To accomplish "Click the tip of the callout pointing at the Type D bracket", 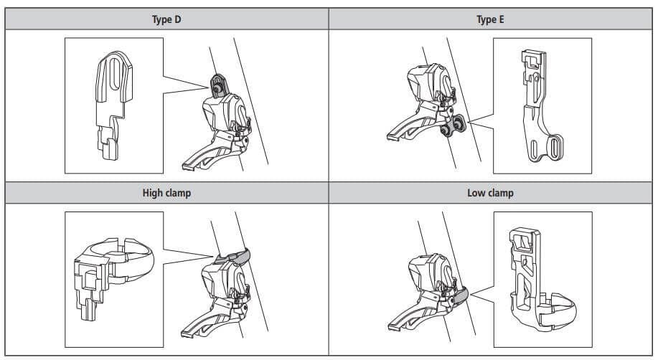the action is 209,87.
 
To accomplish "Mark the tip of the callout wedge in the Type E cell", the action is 467,123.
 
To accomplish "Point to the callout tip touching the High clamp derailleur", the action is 214,256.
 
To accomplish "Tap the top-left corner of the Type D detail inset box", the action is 65,38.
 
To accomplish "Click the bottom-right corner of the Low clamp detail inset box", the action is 592,347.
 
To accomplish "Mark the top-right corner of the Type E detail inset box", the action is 592,38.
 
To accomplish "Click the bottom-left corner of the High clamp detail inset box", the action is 65,347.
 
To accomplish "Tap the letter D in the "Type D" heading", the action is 177,19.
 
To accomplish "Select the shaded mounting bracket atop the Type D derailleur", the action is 218,86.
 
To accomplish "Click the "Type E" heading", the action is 490,19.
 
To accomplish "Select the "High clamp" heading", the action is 166,193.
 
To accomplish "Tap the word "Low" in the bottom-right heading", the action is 476,193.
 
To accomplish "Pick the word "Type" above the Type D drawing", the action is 161,20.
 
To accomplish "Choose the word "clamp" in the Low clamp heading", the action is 500,194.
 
